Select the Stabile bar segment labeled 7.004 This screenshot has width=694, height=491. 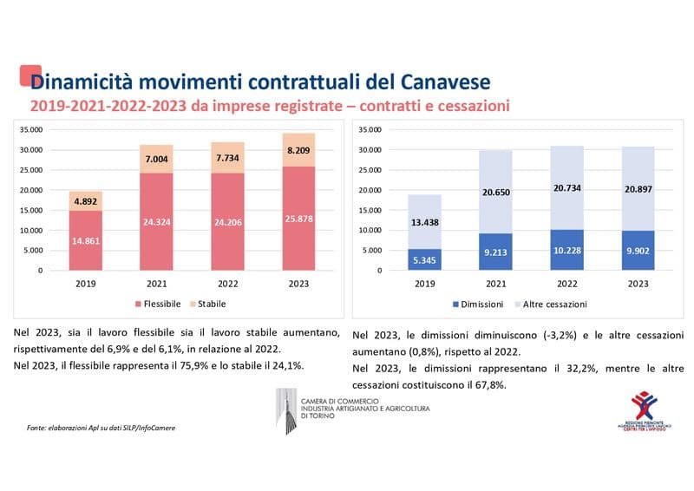click(156, 159)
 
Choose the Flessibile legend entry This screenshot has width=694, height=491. click(159, 304)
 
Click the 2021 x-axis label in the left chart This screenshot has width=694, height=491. click(156, 283)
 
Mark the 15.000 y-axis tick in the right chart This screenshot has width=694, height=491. click(368, 211)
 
